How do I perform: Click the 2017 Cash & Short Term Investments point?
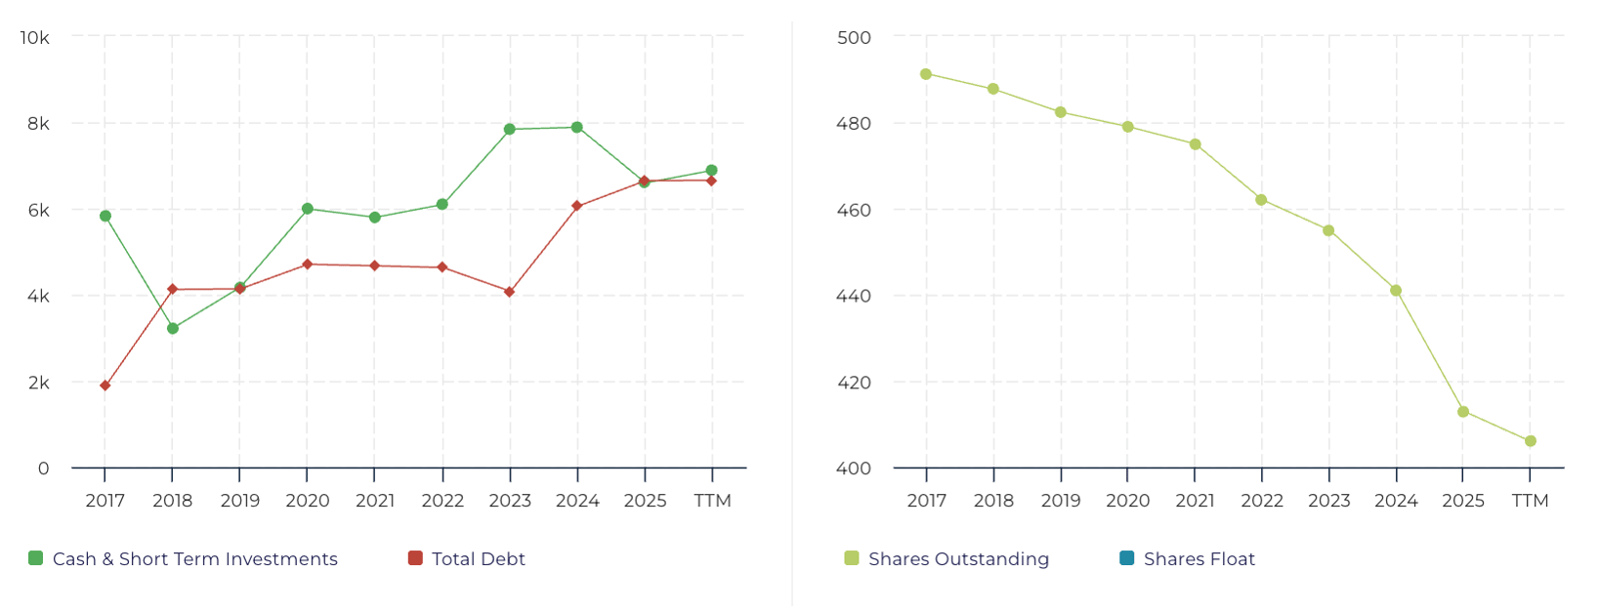coord(105,216)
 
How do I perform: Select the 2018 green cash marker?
coord(173,328)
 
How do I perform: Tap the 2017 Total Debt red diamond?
coord(105,386)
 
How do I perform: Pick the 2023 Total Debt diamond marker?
coord(509,292)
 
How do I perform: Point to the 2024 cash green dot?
coord(577,127)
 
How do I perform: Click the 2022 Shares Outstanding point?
coord(1261,200)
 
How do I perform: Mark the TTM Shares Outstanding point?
coord(1531,441)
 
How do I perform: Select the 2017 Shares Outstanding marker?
coord(926,74)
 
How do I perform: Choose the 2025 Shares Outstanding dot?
coord(1463,412)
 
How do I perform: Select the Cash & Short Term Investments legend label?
coord(194,559)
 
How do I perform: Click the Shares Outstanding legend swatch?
coord(852,558)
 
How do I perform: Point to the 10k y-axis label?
coord(35,37)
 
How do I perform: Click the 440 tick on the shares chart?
coord(855,296)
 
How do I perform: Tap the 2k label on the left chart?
coord(39,383)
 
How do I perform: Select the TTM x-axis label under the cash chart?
coord(712,501)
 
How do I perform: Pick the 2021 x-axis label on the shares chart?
coord(1195,501)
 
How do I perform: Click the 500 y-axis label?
coord(855,37)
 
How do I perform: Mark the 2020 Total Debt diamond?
coord(308,265)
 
